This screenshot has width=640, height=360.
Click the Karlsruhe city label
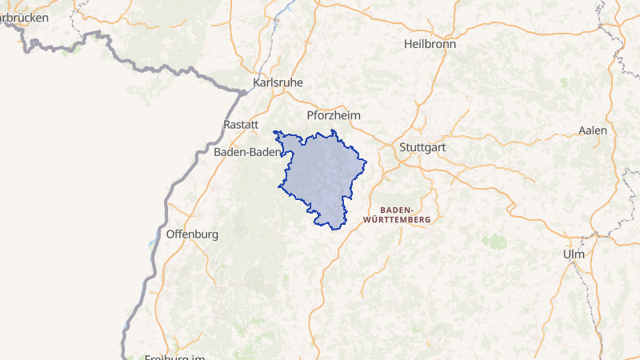[x=278, y=82]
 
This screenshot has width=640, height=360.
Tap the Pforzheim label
[x=334, y=115]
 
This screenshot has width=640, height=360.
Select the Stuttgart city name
[x=422, y=147]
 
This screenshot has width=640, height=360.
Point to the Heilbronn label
[x=430, y=44]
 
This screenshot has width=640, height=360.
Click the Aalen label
[x=593, y=130]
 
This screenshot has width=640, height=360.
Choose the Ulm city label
[x=574, y=254]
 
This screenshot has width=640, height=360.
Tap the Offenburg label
[x=192, y=234]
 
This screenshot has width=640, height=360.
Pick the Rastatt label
[x=242, y=125]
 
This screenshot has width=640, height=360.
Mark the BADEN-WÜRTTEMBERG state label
[x=397, y=214]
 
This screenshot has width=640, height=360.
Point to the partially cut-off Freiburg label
[x=175, y=357]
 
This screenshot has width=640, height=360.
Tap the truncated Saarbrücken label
[x=24, y=17]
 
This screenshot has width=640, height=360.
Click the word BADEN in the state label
[x=396, y=209]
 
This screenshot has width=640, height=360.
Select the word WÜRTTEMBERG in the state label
[x=397, y=219]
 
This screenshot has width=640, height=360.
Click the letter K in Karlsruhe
[x=256, y=82]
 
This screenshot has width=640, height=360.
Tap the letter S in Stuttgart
[x=402, y=147]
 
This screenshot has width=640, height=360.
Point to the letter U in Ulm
[x=567, y=254]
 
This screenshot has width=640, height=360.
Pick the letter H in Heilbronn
[x=408, y=44]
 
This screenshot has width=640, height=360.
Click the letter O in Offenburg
[x=170, y=234]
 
